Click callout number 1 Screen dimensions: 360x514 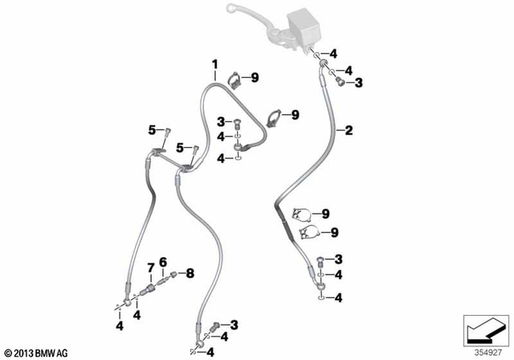(215, 63)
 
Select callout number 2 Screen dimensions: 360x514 (349, 129)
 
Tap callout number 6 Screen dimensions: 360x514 (162, 261)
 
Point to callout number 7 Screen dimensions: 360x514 (150, 268)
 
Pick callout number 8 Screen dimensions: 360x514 (191, 273)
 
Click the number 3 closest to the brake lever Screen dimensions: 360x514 (359, 82)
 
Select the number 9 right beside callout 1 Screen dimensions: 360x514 (255, 77)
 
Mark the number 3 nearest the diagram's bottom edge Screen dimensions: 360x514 (234, 324)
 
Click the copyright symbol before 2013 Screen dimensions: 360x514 (8, 351)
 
